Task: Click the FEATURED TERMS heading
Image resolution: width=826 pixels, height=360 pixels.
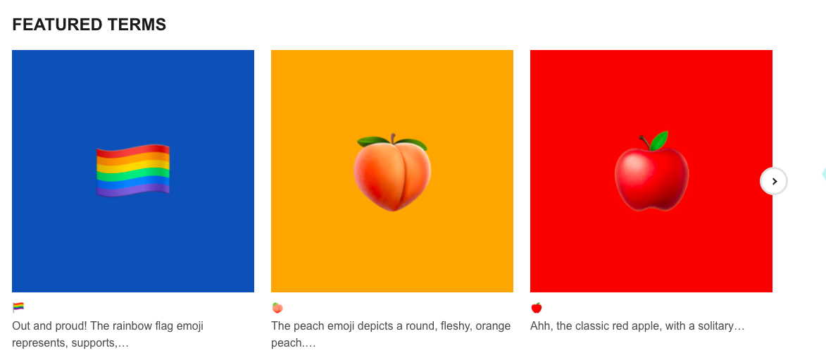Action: [89, 24]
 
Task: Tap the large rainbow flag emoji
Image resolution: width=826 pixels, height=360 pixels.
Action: [133, 170]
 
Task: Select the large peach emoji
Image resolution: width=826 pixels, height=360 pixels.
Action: [392, 173]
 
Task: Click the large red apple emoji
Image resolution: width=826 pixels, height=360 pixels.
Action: [651, 171]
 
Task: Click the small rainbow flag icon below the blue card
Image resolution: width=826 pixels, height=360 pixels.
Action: [18, 307]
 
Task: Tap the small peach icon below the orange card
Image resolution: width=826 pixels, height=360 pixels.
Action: [277, 308]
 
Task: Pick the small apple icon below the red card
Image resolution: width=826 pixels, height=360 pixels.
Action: [537, 308]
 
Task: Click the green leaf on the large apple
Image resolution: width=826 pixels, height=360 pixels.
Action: [659, 141]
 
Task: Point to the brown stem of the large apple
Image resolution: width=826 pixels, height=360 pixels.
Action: [645, 142]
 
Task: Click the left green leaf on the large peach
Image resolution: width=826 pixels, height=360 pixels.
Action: [373, 142]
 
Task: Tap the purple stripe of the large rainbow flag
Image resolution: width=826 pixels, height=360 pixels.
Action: [133, 190]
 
